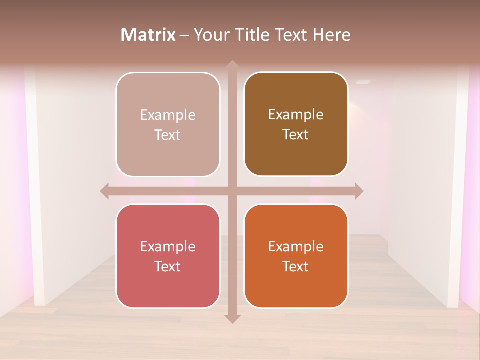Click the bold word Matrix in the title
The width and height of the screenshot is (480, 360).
coord(148,35)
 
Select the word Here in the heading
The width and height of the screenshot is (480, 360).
coord(331,35)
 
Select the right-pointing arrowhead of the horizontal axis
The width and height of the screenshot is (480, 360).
coord(359,191)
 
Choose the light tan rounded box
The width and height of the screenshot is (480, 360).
coord(168,124)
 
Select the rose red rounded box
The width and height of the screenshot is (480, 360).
coord(168,256)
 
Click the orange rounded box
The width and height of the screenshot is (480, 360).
coord(296,256)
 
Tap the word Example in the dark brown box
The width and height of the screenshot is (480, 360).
coord(296,114)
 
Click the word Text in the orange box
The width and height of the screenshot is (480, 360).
coord(296,266)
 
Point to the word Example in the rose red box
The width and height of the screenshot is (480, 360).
coord(168,246)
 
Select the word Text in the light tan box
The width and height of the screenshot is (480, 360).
coord(168,135)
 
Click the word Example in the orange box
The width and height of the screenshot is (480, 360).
coord(296,246)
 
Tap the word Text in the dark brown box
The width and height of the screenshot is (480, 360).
coord(296,134)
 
